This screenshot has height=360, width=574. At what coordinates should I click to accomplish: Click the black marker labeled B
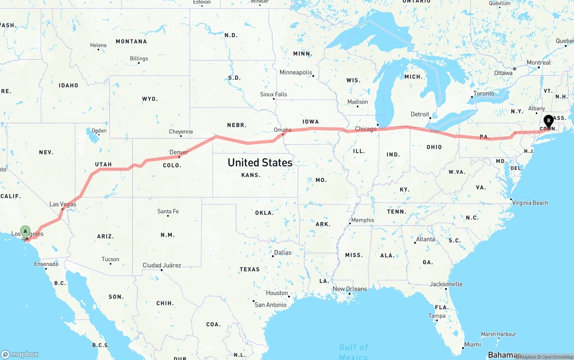point(548,121)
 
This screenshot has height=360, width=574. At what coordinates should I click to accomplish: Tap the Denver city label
point(179,152)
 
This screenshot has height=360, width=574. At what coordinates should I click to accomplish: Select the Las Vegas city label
point(62,204)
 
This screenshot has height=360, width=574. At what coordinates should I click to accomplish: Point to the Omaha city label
point(283,130)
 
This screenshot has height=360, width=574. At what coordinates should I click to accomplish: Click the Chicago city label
point(366,129)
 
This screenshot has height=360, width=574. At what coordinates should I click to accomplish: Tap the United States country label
point(260,162)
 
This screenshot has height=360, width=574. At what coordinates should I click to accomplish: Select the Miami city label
point(472,344)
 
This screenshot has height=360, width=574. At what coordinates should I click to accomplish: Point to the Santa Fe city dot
point(168,216)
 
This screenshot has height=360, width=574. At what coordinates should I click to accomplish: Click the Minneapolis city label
point(296,72)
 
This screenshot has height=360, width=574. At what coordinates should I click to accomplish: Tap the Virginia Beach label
point(530,203)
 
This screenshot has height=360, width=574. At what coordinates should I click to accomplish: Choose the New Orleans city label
point(350,289)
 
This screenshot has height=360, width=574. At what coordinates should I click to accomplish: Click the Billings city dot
point(139,63)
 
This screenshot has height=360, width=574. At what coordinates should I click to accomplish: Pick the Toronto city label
point(484,94)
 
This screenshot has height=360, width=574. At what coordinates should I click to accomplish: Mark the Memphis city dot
point(350,224)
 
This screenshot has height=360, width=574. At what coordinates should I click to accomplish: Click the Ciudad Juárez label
point(162,265)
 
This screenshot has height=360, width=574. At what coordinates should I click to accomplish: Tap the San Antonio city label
point(270,305)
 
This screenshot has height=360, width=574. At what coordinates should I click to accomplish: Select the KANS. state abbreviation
point(251,175)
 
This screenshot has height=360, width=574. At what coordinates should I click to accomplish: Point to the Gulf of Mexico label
point(354,351)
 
